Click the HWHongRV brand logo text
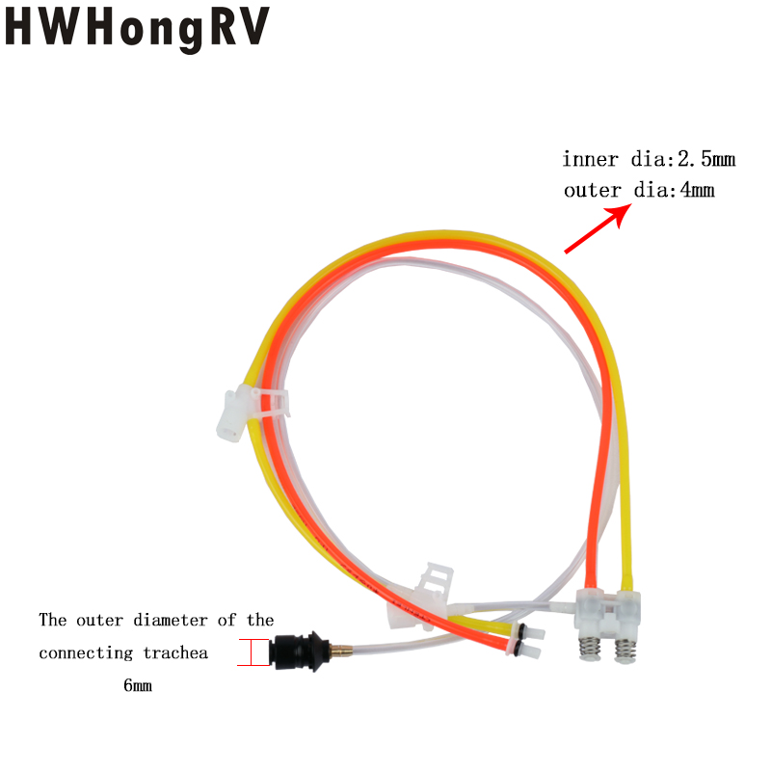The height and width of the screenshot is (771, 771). tap(137, 29)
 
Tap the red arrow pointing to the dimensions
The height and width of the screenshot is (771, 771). tap(598, 228)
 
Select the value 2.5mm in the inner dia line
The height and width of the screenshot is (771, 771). tap(706, 159)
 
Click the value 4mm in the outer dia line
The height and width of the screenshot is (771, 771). tap(697, 190)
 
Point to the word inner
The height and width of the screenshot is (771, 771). tap(590, 159)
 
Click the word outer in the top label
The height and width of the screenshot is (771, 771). tap(593, 191)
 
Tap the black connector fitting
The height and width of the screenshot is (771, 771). tap(299, 652)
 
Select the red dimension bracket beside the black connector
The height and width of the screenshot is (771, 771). tap(253, 652)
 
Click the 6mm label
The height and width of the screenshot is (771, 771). tap(138, 685)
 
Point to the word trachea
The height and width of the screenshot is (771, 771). tap(175, 653)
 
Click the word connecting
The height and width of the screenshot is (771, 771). tap(86, 653)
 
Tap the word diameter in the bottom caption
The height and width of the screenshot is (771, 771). tap(171, 620)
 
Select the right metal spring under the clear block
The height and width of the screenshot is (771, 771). tap(625, 650)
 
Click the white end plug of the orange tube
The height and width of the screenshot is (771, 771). tap(527, 650)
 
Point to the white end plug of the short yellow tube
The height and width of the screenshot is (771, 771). tap(531, 631)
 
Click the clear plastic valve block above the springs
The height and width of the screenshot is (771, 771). tap(608, 613)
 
